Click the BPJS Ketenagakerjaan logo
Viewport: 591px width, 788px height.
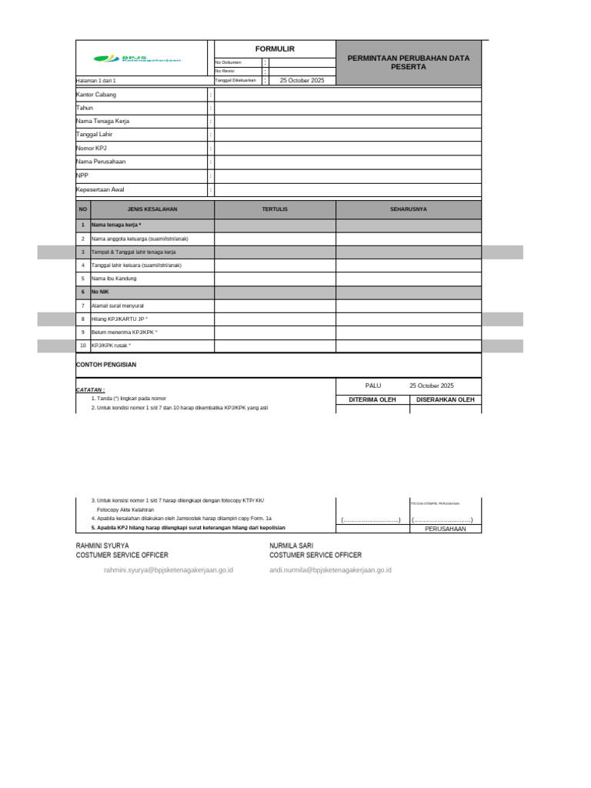pos(137,58)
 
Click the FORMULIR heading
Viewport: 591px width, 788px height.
pos(275,49)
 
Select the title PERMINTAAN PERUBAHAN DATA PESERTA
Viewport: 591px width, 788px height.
pos(409,62)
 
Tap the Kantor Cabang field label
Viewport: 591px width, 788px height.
pos(96,95)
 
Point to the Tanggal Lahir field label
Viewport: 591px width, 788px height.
pos(95,135)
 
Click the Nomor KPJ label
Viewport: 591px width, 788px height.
pos(92,148)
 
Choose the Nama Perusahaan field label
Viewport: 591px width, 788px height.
pos(101,162)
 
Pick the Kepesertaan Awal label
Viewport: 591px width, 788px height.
pos(100,189)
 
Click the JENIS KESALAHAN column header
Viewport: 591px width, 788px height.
pos(152,209)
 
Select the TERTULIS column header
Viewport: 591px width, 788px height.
pos(275,209)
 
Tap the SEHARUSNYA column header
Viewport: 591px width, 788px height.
pos(409,209)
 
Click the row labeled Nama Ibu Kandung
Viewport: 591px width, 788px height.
pos(113,279)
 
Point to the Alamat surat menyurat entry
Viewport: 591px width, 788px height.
pos(118,306)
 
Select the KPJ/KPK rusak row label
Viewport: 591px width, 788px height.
pos(111,346)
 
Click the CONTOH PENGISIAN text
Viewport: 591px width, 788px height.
pos(106,365)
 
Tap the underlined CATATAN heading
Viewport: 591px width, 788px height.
pos(90,390)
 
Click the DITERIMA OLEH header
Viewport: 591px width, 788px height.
pos(372,400)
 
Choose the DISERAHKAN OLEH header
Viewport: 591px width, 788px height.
pos(446,400)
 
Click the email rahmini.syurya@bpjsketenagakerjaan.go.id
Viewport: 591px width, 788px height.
pos(169,570)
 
